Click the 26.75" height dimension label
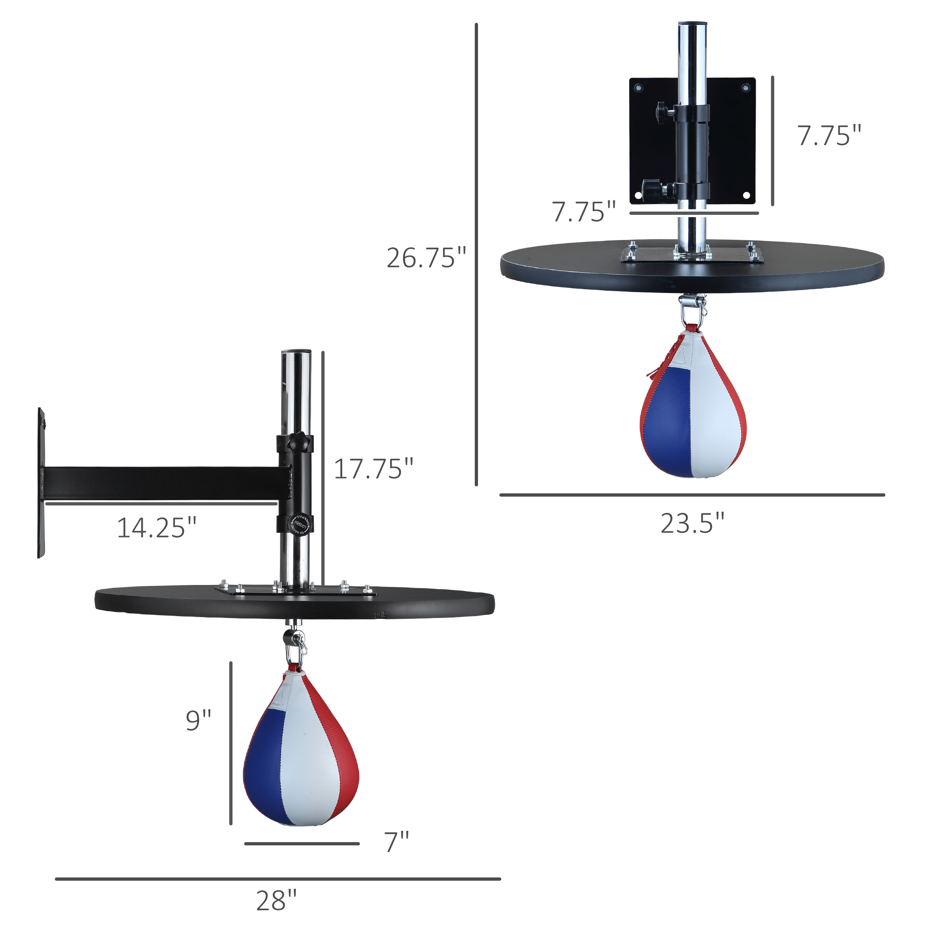426,258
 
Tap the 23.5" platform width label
692,523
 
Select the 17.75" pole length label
373,469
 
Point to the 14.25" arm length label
156,528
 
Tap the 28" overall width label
276,901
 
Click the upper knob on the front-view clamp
662,112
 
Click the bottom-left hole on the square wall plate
638,195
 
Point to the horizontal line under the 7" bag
302,844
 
